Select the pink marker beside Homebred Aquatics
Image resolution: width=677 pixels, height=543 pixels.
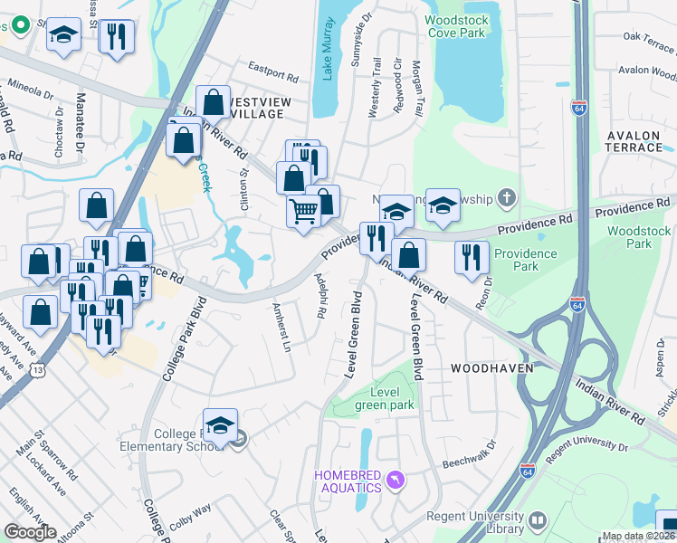394,478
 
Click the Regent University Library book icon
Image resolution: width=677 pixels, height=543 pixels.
539,520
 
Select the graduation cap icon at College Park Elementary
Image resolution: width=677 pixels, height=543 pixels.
220,424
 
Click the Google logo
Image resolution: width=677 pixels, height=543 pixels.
30,531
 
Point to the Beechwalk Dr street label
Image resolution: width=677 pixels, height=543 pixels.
470,454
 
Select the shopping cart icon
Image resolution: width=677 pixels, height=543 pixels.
304,211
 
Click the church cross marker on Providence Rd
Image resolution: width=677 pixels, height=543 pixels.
508,196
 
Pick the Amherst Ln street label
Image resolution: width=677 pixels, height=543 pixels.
281,327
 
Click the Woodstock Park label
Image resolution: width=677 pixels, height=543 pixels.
639,237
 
